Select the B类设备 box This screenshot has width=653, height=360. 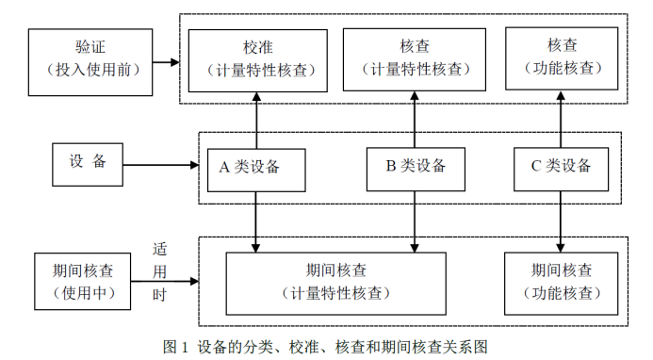[415, 167]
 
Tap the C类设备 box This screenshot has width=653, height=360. [561, 167]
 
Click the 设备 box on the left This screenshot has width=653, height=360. [88, 162]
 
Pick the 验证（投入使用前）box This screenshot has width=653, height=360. [90, 61]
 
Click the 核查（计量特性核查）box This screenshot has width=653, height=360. [416, 57]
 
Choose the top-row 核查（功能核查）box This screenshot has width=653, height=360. [562, 57]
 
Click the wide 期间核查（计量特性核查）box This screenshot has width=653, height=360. [336, 281]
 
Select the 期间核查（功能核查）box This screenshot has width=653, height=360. [562, 281]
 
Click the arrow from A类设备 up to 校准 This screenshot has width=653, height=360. [256, 122]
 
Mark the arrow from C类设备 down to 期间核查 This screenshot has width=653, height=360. [562, 221]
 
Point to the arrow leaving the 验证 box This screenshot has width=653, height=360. [166, 62]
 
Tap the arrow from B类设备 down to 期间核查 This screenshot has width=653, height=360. [415, 221]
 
